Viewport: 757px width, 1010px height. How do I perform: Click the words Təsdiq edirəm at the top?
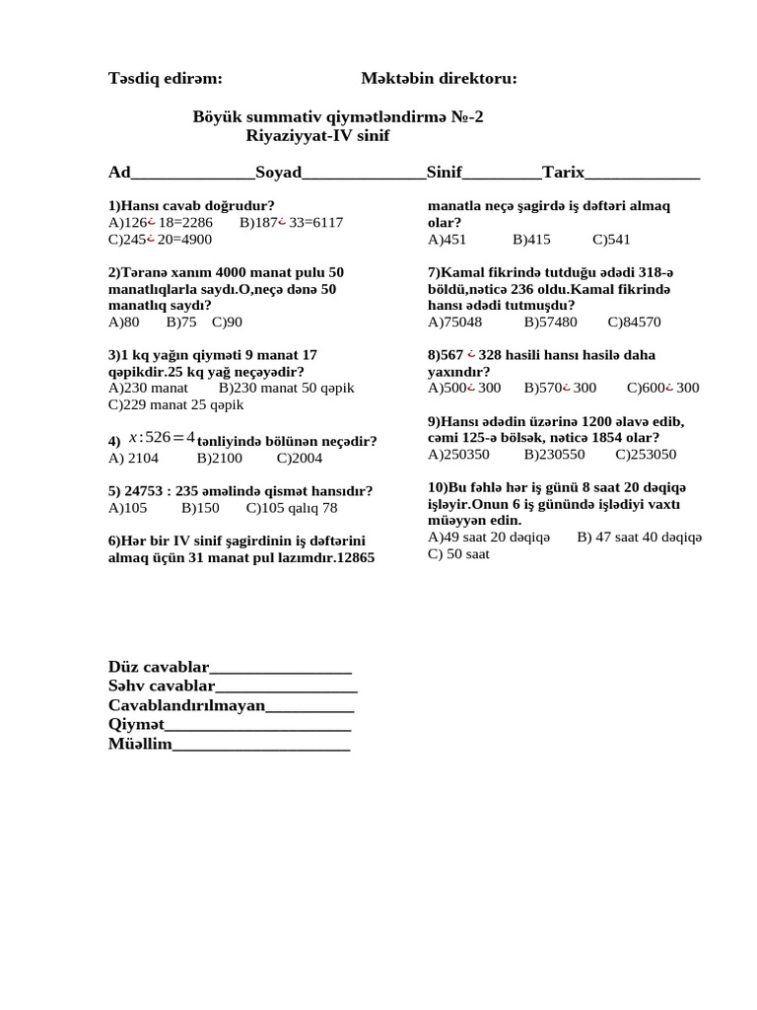point(165,79)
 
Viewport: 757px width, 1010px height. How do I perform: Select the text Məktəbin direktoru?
point(439,79)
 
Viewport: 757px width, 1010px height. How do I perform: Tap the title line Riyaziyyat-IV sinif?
point(317,135)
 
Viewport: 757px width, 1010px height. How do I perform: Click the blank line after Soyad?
point(364,175)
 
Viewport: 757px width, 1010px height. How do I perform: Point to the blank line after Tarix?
point(642,175)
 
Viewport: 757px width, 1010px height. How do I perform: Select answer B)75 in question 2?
point(181,322)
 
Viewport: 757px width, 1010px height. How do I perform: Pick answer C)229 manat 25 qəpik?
point(175,404)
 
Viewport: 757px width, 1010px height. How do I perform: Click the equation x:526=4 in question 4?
point(162,438)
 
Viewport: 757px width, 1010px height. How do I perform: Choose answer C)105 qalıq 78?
point(292,508)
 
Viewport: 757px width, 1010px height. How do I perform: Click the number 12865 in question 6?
point(356,558)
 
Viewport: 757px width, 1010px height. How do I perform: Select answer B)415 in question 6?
point(531,240)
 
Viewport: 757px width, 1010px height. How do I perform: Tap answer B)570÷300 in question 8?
point(560,389)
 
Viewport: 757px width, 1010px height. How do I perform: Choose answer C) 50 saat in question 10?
point(458,554)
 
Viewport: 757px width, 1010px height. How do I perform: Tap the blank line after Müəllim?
point(261,746)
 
